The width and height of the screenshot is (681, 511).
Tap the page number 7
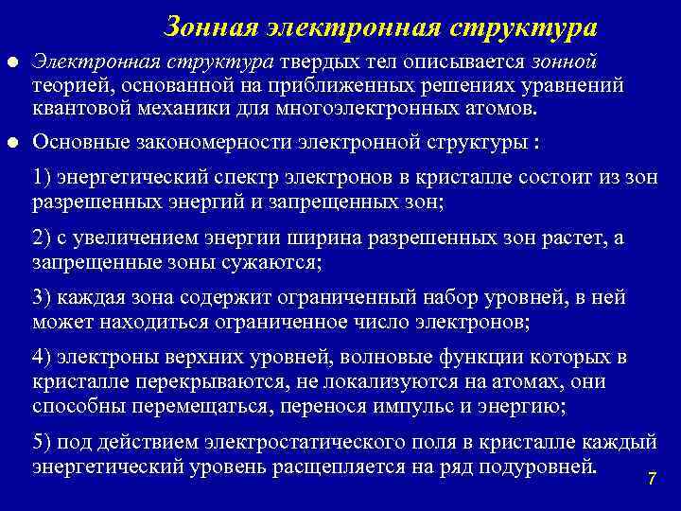coord(652,480)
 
